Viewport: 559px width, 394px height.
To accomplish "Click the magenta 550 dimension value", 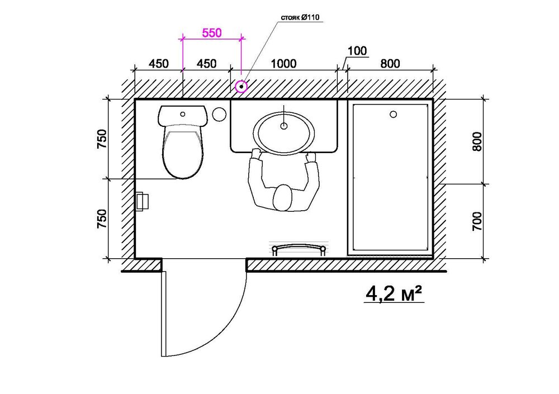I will coord(212,33).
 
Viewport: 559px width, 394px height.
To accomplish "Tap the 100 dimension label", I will coord(356,51).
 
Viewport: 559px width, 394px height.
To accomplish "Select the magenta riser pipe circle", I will coord(241,87).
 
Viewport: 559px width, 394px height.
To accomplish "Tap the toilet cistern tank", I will coord(183,115).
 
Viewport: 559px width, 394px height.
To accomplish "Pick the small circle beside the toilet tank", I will coord(219,113).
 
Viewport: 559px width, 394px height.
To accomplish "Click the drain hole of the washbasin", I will coord(284,126).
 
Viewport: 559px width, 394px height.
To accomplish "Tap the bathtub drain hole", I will coord(393,115).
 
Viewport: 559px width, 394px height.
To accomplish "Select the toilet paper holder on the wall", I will coord(142,201).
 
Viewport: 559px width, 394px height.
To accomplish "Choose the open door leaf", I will coord(162,313).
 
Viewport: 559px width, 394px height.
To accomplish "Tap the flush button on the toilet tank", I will coord(183,113).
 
